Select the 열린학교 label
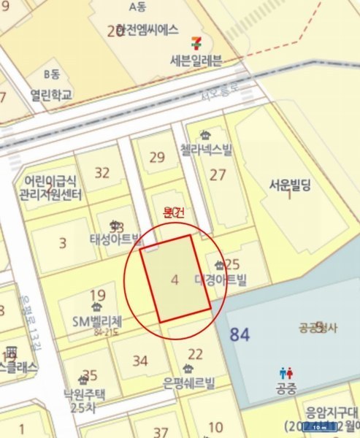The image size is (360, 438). point(52,95)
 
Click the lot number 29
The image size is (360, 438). point(157,157)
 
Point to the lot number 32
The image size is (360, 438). point(102,173)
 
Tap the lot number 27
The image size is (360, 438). point(218,174)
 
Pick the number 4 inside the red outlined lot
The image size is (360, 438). point(174,279)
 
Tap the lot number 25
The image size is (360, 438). point(232,264)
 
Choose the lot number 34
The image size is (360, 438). point(140,360)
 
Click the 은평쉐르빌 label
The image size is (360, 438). point(192,380)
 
